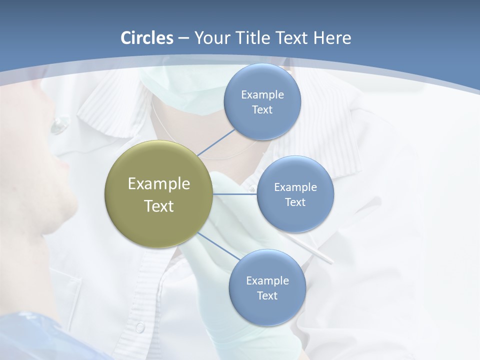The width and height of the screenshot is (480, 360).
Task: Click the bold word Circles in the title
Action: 147,38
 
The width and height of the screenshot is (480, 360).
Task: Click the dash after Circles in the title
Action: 183,38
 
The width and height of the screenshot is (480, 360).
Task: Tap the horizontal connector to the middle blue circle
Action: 235,194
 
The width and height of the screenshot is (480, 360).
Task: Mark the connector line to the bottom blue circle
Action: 218,246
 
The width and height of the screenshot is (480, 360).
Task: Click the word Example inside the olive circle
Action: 158,184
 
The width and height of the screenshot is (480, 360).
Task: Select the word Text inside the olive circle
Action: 158,206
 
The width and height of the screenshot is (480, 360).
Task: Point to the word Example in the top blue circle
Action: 262,94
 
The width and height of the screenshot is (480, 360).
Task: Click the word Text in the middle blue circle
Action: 295,202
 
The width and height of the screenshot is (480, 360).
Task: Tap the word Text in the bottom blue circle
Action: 267,295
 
